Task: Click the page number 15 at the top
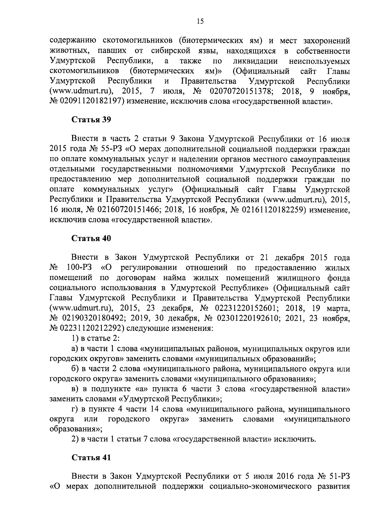point(200,21)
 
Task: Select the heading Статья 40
point(91,238)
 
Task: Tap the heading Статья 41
point(91,457)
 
